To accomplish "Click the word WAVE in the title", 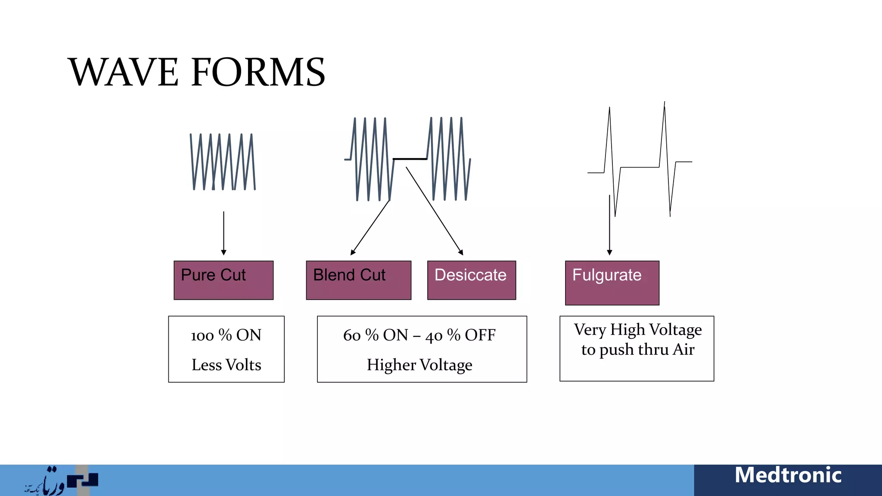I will [123, 72].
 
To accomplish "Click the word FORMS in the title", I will [258, 72].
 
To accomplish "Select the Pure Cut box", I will [223, 280].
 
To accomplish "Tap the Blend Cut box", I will [358, 280].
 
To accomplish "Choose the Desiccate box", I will [471, 280].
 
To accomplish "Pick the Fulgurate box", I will [612, 282].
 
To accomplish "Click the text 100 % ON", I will [226, 335].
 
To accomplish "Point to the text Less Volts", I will [226, 365].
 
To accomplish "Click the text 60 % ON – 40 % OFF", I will [419, 335].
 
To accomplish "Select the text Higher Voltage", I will [419, 365].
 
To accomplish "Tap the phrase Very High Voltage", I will [637, 330].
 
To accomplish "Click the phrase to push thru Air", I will [637, 350].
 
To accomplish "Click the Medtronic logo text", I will [788, 475].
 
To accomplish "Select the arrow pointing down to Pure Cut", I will [224, 232].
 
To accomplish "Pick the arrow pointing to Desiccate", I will [434, 211].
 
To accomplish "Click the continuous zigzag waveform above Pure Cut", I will [223, 162].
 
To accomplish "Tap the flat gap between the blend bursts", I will [410, 159].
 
